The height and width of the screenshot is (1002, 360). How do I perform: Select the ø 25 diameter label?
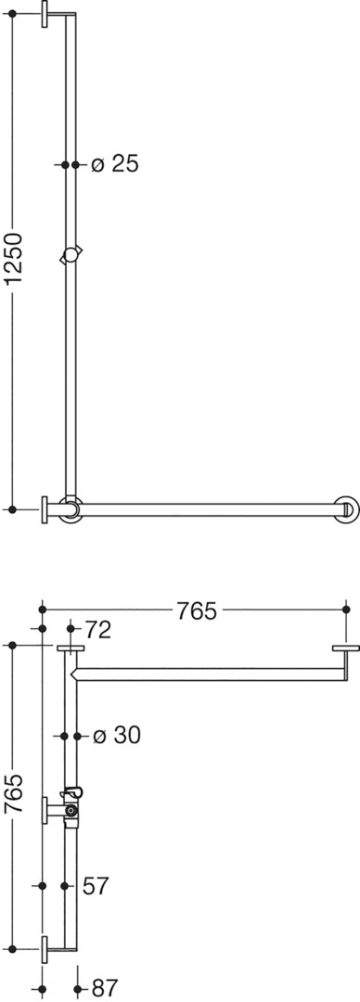115,164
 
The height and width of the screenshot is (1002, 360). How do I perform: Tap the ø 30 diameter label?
116,736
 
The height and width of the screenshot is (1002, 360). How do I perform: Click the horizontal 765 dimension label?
197,610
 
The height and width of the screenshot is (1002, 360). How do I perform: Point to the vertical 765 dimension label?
14,793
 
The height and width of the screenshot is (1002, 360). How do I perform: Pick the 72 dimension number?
97,630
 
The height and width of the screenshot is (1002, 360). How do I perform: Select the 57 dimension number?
96,886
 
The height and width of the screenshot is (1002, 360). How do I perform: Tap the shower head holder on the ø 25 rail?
71,255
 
